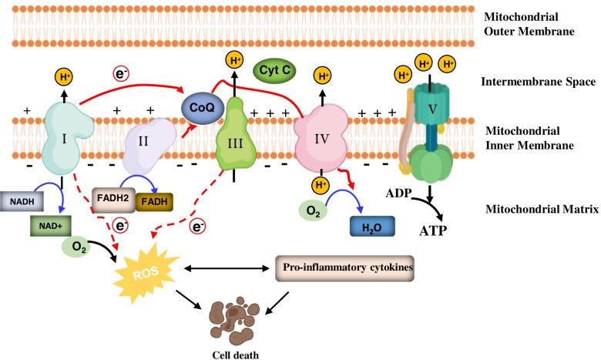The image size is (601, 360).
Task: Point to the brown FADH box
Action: [x=154, y=203]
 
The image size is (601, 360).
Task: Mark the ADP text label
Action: [x=398, y=193]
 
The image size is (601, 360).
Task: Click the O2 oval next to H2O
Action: [x=312, y=210]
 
